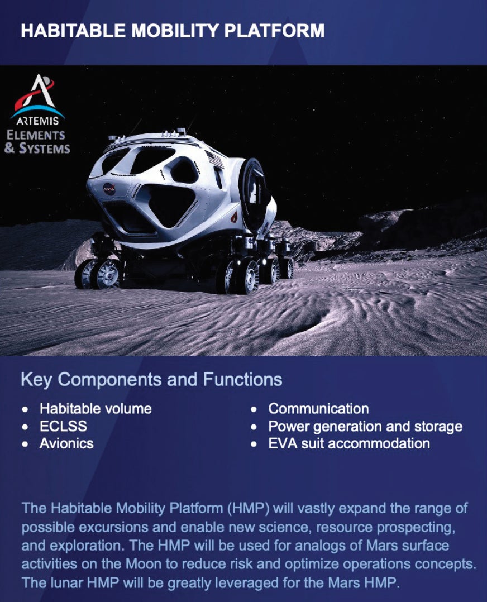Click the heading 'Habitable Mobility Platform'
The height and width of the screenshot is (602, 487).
[x=172, y=31]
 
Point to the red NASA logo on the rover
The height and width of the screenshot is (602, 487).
[x=109, y=189]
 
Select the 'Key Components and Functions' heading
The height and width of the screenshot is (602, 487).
[x=151, y=380]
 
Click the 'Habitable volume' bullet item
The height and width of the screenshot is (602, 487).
[x=96, y=409]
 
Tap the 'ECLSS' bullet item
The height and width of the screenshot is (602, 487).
[x=63, y=427]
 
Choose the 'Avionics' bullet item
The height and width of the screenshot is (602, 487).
[x=66, y=444]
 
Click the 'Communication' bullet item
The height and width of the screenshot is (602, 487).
[x=318, y=409]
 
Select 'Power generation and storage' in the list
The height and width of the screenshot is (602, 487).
[x=365, y=427]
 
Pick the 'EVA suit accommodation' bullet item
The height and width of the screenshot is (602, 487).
[x=349, y=444]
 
